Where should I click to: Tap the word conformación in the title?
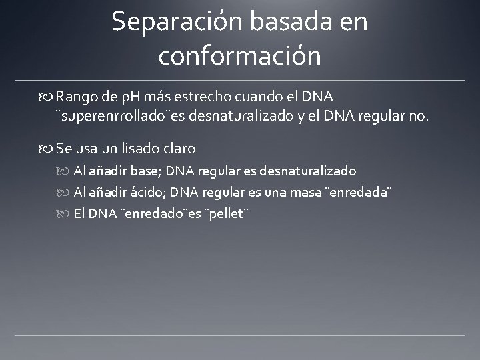(x=239, y=56)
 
